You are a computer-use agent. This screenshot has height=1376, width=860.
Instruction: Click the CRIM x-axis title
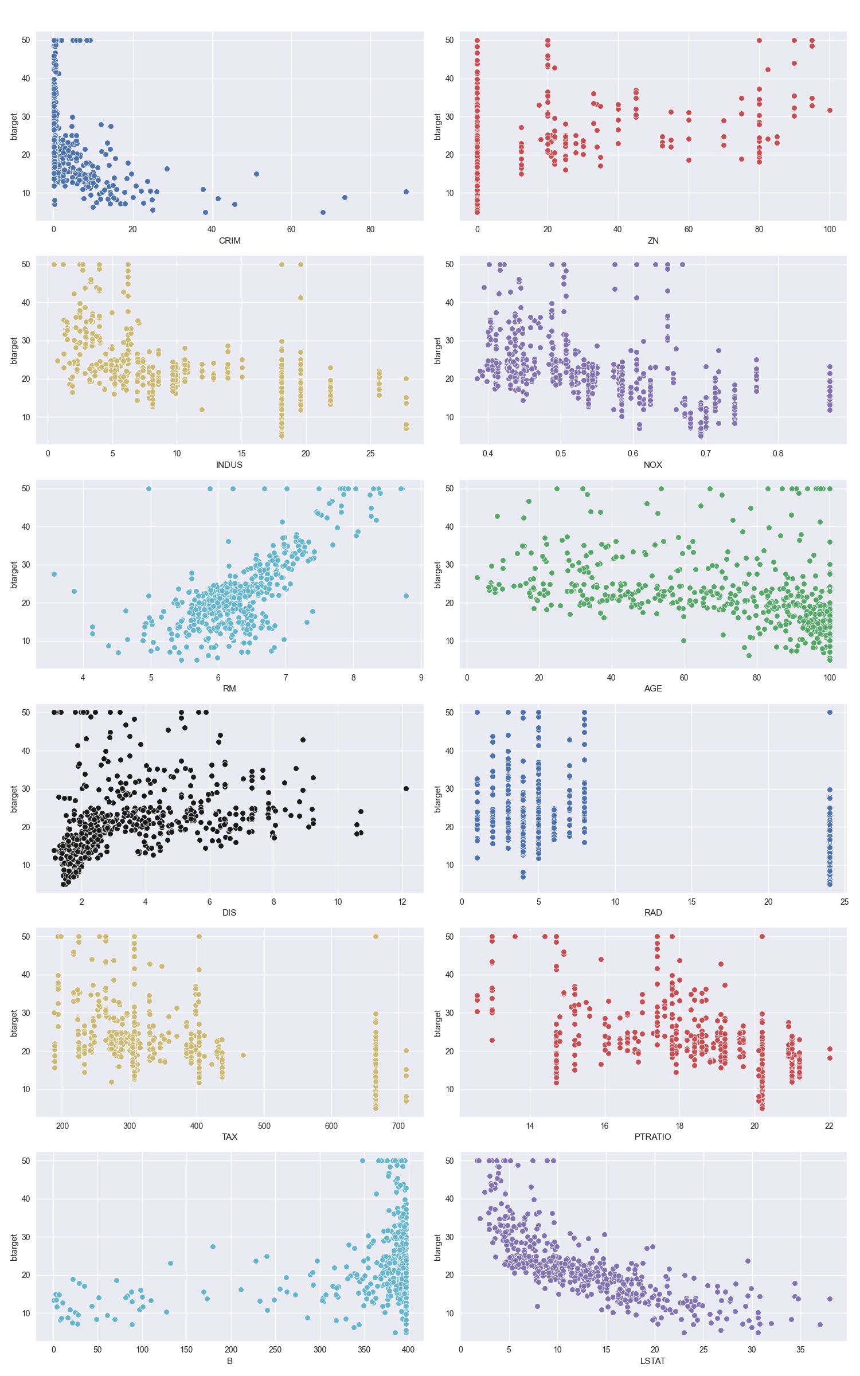[229, 241]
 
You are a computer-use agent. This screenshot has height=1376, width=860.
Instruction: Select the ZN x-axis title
[653, 241]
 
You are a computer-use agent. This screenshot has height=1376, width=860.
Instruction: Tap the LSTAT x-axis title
[653, 1361]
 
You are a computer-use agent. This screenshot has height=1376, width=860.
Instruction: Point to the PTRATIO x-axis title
[653, 1136]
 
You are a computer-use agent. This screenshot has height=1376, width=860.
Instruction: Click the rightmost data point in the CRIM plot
[406, 191]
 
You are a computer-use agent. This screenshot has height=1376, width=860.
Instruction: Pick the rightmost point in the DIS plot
[406, 788]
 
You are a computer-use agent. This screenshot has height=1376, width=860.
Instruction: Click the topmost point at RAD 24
[830, 712]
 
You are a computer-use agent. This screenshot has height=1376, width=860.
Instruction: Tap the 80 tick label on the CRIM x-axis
[370, 229]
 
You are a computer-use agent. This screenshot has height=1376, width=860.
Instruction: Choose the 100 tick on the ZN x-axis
[829, 229]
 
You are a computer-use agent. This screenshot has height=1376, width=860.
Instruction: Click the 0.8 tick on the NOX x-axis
[777, 453]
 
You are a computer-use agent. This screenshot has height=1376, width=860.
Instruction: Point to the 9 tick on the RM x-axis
[421, 677]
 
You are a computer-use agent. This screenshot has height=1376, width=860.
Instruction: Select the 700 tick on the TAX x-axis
[398, 1125]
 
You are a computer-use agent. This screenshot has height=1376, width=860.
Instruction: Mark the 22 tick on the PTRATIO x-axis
[829, 1125]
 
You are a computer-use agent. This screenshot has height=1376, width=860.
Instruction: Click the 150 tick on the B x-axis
[186, 1350]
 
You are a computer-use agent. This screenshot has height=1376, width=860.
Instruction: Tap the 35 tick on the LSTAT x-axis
[800, 1350]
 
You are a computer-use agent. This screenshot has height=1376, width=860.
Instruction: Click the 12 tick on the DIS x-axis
[402, 901]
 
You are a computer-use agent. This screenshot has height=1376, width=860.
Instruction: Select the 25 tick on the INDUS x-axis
[370, 453]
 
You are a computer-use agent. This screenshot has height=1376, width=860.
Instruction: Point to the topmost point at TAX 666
[376, 936]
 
